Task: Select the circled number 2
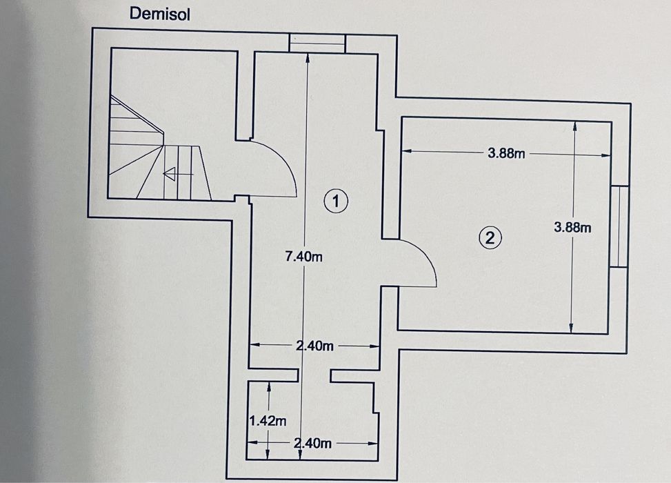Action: (489, 238)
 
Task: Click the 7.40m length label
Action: (304, 257)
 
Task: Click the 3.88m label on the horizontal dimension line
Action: (506, 154)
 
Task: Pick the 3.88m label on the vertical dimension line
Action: (572, 227)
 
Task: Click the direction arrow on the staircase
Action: (173, 175)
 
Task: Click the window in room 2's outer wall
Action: (620, 226)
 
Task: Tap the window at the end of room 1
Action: (317, 43)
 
